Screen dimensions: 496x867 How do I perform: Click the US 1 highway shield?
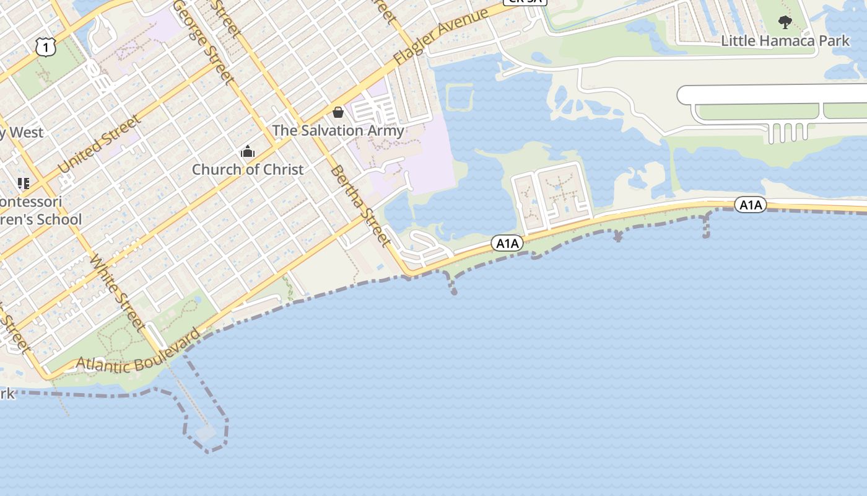pos(46,46)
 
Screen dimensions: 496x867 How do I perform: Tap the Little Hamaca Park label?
pos(785,41)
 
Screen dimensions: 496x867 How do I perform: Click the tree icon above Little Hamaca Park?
pos(785,23)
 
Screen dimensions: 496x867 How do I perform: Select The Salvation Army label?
pos(338,130)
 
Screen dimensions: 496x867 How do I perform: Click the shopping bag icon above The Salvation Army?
pos(338,112)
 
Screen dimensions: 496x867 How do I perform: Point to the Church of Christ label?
pos(247,169)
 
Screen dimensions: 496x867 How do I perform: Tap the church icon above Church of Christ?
pos(247,151)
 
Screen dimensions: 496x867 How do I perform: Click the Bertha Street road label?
pos(361,205)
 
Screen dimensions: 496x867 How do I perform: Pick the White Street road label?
pos(118,292)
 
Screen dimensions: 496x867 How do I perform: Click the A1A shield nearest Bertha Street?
pos(507,244)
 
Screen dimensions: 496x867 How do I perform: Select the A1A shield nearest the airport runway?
pos(751,205)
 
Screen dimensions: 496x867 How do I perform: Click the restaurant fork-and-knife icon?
pos(24,184)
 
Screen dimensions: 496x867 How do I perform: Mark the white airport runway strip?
pos(774,95)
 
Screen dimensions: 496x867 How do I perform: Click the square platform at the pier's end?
pos(206,432)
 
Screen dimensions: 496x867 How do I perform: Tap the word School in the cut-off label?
pos(58,219)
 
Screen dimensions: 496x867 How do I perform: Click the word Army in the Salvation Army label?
pos(385,130)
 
